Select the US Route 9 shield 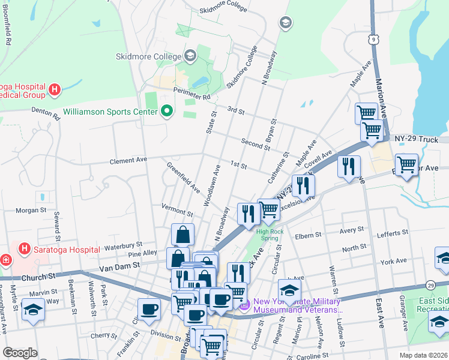click(x=375, y=40)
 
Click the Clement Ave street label click(x=128, y=161)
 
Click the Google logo click(x=20, y=353)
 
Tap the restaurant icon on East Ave click(x=349, y=166)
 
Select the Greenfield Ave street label click(x=183, y=177)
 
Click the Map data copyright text click(x=423, y=355)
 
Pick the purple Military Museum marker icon click(x=244, y=307)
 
